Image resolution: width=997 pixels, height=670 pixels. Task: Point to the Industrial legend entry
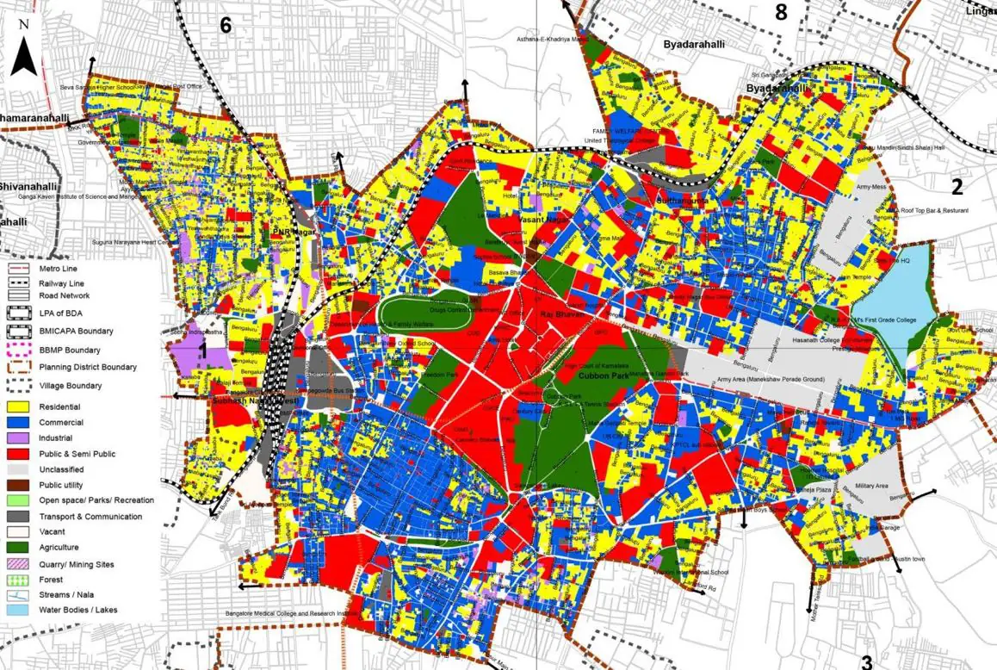tap(60, 437)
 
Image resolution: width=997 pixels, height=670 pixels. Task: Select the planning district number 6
tap(226, 25)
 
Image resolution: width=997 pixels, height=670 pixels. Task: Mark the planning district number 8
tap(781, 12)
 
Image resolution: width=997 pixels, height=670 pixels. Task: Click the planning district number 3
tap(866, 661)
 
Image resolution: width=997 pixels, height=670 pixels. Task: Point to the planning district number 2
tap(956, 185)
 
